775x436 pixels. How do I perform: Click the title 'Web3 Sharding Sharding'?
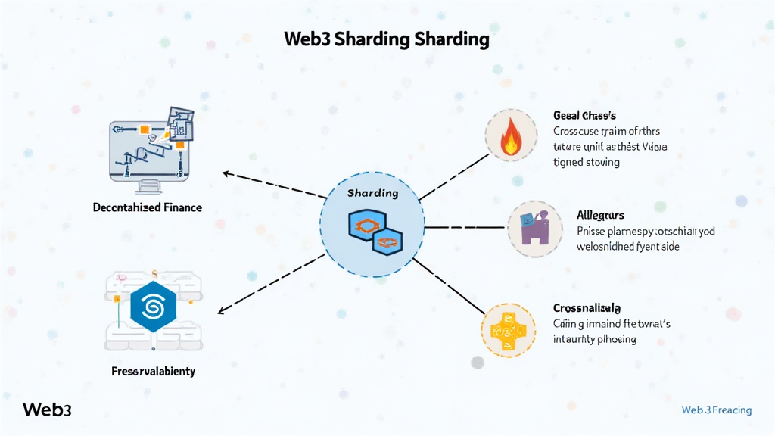(387, 39)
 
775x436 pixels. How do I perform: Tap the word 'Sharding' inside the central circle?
(372, 193)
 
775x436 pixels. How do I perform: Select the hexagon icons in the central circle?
(375, 232)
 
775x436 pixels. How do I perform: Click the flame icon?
(511, 135)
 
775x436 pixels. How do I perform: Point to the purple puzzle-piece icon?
(534, 228)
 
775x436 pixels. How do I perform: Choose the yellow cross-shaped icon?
(508, 330)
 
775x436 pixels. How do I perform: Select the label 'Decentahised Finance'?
(148, 207)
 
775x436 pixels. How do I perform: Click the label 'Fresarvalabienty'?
(153, 371)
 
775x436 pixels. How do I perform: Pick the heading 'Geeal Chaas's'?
(584, 116)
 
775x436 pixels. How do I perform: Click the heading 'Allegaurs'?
(600, 216)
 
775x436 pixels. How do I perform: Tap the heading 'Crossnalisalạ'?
(587, 308)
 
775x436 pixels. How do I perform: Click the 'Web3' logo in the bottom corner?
(47, 410)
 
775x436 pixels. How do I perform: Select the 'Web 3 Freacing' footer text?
(716, 410)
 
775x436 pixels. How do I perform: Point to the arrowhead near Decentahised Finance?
(226, 173)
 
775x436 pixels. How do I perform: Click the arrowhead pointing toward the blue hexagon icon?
(221, 311)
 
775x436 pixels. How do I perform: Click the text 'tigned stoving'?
(587, 162)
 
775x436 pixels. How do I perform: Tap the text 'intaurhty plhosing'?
(595, 339)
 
